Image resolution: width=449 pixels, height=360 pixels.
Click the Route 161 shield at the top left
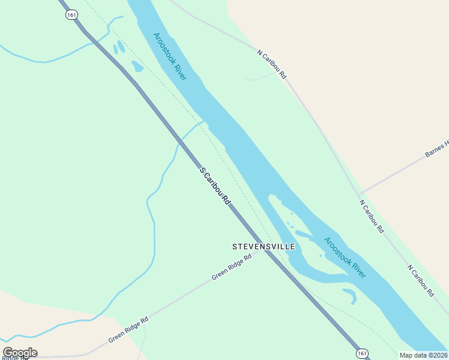(71, 14)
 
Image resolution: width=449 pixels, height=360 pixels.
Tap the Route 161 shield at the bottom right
(361, 353)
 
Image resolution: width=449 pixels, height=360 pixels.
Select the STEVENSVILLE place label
(264, 247)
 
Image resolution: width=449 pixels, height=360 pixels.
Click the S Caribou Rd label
(215, 187)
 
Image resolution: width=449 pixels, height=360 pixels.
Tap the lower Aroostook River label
(345, 257)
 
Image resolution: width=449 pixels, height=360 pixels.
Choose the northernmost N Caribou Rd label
(273, 64)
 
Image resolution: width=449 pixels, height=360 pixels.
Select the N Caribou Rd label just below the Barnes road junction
(372, 216)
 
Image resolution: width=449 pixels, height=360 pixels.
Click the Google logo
(20, 353)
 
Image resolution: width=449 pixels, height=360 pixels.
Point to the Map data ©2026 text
(423, 355)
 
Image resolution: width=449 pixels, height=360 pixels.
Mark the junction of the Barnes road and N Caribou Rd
(359, 194)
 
